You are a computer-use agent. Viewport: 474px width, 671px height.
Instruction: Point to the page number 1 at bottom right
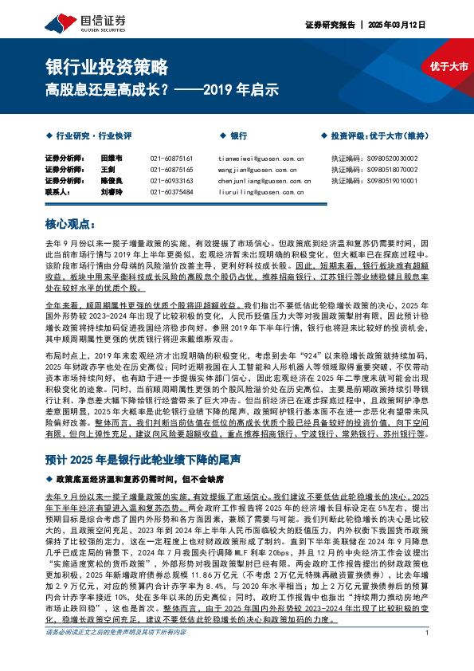pyautogui.click(x=429, y=655)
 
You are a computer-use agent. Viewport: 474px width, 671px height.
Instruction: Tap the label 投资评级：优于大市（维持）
pyautogui.click(x=378, y=136)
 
